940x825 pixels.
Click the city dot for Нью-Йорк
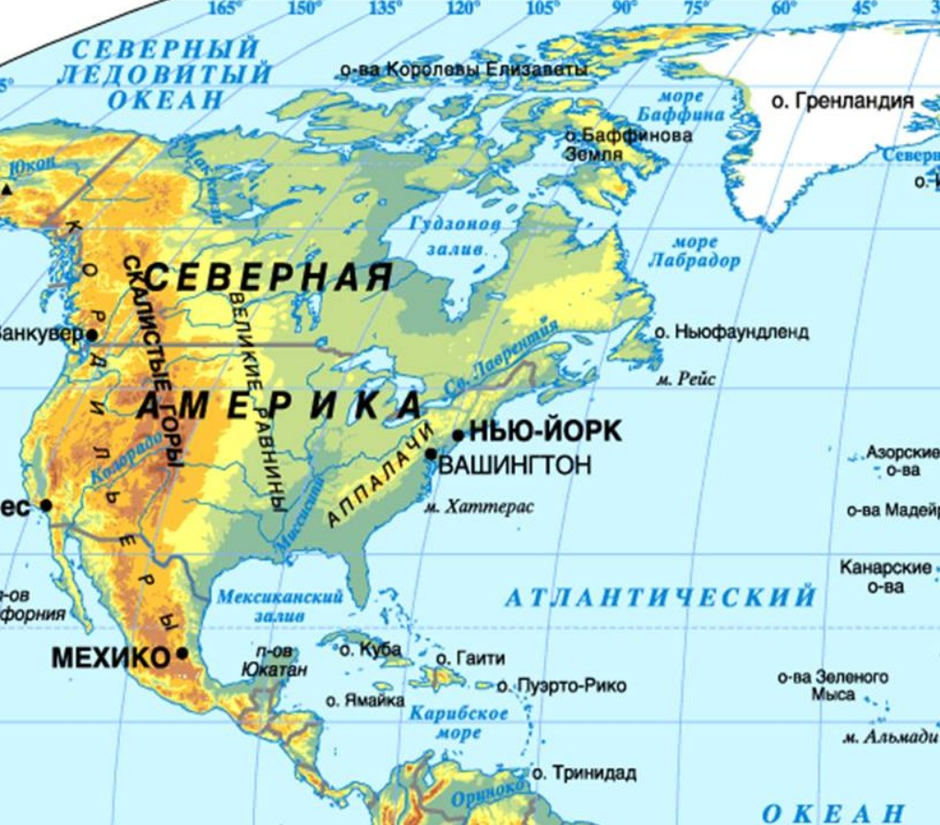pyautogui.click(x=458, y=435)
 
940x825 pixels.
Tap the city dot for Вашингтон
pyautogui.click(x=431, y=453)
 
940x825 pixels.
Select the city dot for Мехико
pyautogui.click(x=183, y=653)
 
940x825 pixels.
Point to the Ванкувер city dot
pyautogui.click(x=91, y=335)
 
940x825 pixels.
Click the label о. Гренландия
pyautogui.click(x=842, y=101)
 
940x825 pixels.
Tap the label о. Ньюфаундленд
pyautogui.click(x=731, y=331)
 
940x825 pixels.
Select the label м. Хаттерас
pyautogui.click(x=479, y=507)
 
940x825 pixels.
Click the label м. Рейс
pyautogui.click(x=685, y=378)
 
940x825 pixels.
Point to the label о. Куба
pyautogui.click(x=370, y=650)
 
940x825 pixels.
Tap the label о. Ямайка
pyautogui.click(x=364, y=700)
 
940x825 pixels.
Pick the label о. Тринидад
pyautogui.click(x=584, y=773)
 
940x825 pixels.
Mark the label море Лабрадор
pyautogui.click(x=694, y=252)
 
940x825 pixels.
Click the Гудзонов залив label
pyautogui.click(x=456, y=236)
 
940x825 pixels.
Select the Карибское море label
pyautogui.click(x=459, y=723)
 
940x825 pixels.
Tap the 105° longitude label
pyautogui.click(x=541, y=8)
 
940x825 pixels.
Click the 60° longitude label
pyautogui.click(x=784, y=8)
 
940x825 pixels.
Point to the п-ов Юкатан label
pyautogui.click(x=274, y=661)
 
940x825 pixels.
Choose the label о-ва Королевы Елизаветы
pyautogui.click(x=463, y=69)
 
